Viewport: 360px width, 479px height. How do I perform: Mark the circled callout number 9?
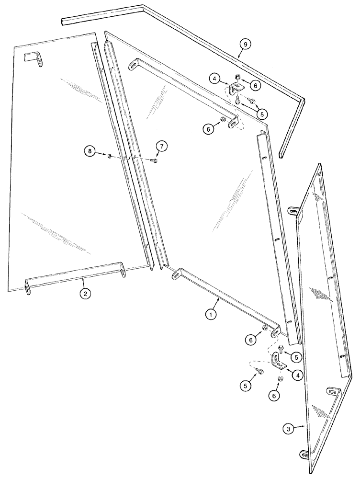245,45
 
